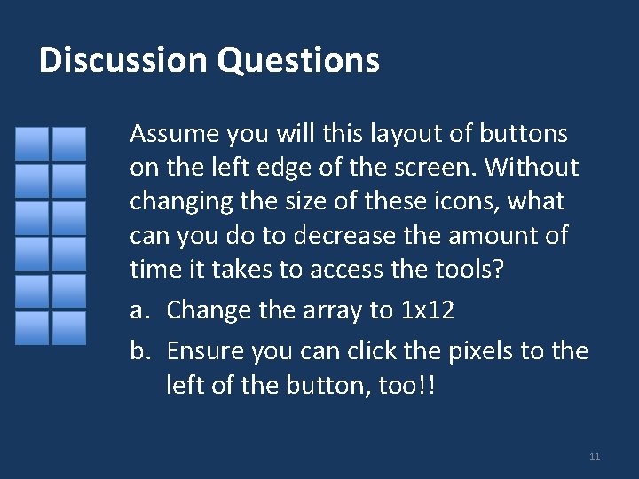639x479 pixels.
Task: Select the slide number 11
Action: coord(595,457)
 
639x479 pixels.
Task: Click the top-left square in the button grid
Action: coord(32,143)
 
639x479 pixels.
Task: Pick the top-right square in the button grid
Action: coord(68,143)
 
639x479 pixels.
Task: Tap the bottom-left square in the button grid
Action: coord(32,327)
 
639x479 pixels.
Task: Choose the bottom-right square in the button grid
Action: coord(68,327)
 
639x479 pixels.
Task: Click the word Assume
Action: coord(174,134)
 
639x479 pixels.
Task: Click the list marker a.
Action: coord(139,310)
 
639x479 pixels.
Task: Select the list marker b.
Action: coord(140,351)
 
